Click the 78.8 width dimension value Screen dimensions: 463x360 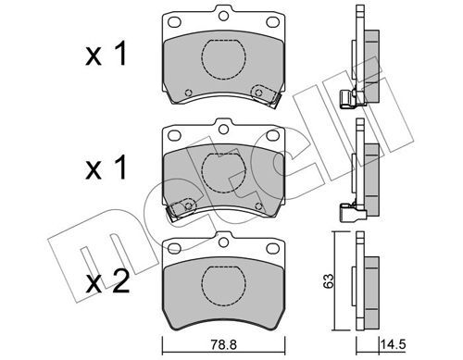[223, 344]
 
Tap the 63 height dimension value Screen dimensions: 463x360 [329, 280]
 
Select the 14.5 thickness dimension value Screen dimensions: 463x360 [394, 344]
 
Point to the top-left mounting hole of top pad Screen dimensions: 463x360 [174, 22]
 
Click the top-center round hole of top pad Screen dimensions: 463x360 [223, 16]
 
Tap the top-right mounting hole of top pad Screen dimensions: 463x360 [272, 22]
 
